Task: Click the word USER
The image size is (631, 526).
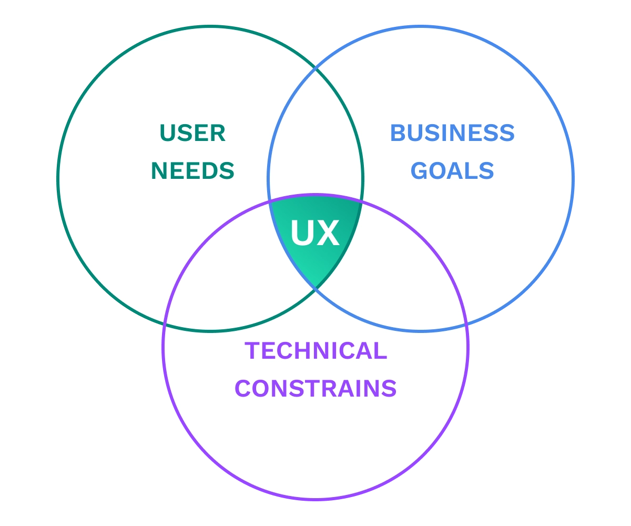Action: point(192,134)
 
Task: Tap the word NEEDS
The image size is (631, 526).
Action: point(192,171)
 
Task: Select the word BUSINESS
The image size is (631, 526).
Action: point(452,134)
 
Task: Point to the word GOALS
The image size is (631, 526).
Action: point(452,171)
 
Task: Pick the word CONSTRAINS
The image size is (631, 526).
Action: point(315,389)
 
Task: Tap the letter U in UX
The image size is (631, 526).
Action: point(302,233)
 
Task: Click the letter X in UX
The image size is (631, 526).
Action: point(328,233)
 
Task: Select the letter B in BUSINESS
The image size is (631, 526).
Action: point(399,134)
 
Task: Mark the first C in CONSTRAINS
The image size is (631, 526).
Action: point(243,389)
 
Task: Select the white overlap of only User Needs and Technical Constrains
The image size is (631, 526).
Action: point(231,263)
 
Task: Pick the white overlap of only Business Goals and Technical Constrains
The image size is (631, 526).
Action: point(400,263)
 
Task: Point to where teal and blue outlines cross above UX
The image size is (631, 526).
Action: point(315,68)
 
